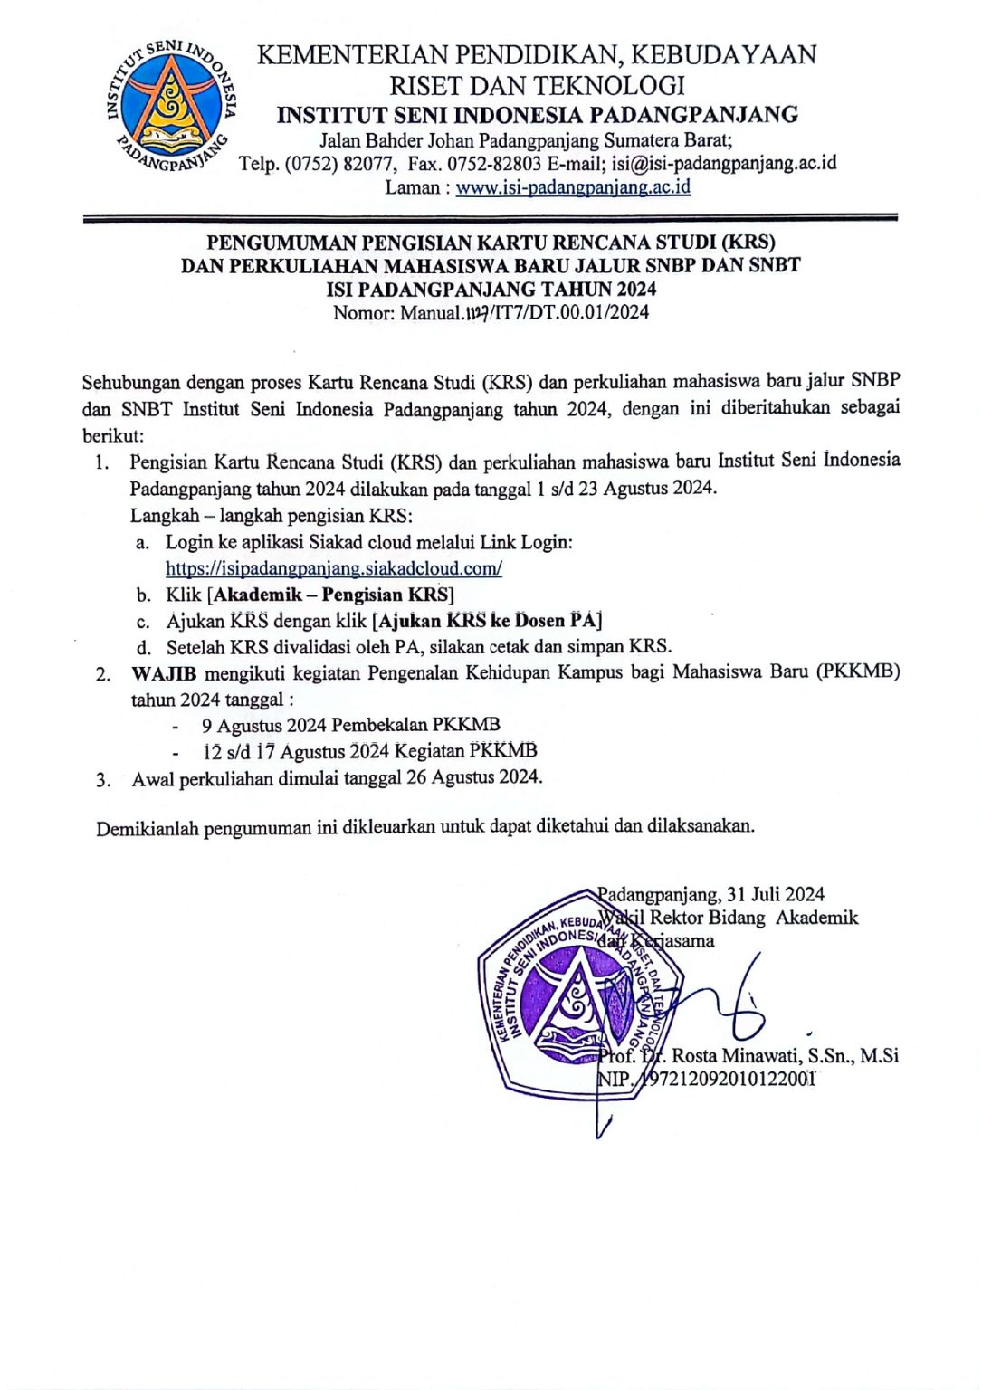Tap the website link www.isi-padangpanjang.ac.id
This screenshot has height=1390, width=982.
pyautogui.click(x=572, y=187)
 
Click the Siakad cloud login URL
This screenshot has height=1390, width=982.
pyautogui.click(x=333, y=568)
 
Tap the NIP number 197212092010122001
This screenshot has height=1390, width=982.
pyautogui.click(x=729, y=1079)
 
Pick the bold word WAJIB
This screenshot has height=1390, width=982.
pyautogui.click(x=164, y=673)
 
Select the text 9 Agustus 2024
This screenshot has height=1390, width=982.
pyautogui.click(x=263, y=725)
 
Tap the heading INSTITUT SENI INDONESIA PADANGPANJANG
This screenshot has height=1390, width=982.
pyautogui.click(x=538, y=115)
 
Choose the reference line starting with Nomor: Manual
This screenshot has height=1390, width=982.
pyautogui.click(x=491, y=313)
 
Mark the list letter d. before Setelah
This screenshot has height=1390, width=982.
pyautogui.click(x=143, y=648)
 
